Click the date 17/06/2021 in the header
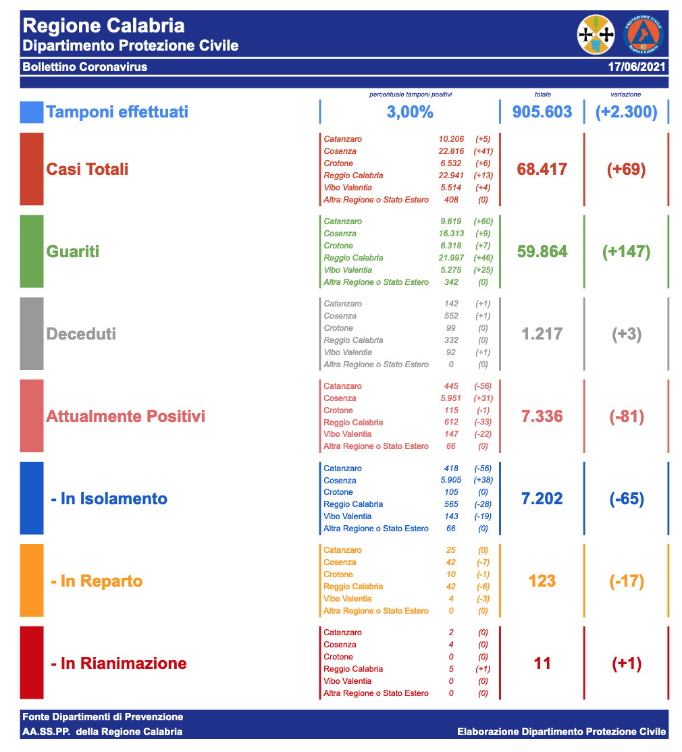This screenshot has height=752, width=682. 637,68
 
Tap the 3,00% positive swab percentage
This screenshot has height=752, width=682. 410,112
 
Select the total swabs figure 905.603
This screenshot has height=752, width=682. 542,112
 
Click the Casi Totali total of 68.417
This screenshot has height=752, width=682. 542,169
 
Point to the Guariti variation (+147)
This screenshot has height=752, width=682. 626,252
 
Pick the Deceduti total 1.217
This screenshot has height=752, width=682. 542,333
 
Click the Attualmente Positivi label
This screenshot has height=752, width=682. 126,416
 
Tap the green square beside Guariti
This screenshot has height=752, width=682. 32,251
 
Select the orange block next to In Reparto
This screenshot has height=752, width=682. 32,581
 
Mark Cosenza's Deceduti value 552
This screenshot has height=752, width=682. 451,316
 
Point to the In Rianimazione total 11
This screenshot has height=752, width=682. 542,664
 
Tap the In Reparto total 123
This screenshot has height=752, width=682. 542,581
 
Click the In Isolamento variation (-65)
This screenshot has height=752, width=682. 626,499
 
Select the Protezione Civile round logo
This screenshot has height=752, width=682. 644,34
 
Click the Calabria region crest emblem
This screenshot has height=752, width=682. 596,34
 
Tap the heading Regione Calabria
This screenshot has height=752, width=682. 103,26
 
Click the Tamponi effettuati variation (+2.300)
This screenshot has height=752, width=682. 626,112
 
